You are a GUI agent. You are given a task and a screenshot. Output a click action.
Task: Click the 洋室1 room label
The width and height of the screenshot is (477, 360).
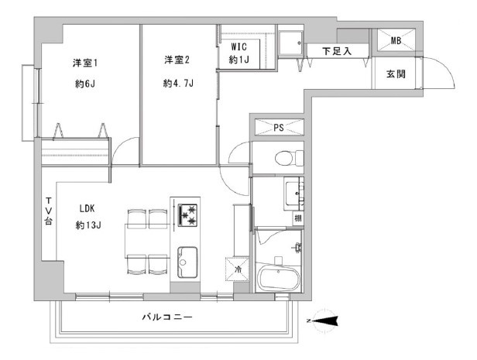[85, 63]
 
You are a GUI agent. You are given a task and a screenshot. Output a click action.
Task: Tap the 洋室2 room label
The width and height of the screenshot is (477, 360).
[177, 60]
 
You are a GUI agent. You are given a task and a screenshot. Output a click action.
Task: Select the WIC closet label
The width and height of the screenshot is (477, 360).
[238, 46]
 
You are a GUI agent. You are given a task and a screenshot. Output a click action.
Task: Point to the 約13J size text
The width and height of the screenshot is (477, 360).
[88, 225]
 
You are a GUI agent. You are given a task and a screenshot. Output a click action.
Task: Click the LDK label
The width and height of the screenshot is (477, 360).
[87, 208]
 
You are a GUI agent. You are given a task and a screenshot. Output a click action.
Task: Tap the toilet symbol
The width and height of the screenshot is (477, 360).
[289, 158]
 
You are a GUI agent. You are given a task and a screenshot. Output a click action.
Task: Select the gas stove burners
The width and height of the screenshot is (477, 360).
[187, 215]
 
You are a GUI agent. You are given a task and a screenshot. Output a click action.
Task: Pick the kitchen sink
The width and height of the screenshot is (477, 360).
[187, 262]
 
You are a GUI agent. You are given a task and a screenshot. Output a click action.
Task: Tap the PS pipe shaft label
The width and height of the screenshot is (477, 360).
[279, 128]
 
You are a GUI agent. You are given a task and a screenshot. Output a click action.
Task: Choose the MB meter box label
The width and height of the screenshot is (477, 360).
[396, 40]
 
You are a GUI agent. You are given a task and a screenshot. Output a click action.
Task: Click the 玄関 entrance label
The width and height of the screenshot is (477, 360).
[396, 74]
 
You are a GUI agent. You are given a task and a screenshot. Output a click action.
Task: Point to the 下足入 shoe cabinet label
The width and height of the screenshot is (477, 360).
[337, 51]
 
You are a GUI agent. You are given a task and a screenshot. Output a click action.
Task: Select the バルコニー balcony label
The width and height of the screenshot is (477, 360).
[167, 317]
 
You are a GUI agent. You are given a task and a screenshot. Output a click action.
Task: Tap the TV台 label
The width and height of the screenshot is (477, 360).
[49, 211]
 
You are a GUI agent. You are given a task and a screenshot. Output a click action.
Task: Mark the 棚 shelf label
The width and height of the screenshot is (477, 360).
[298, 218]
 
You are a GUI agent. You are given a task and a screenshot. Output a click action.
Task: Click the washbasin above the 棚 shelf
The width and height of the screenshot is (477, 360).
[293, 194]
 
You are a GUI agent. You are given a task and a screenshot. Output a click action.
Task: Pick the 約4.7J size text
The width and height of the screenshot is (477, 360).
[178, 83]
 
